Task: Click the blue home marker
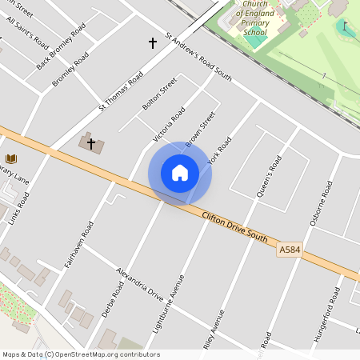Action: click(x=180, y=173)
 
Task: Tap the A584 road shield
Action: click(x=290, y=251)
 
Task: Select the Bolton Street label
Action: click(x=158, y=95)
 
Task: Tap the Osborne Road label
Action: click(x=320, y=203)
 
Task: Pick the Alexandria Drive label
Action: click(x=139, y=282)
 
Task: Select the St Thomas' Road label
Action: click(x=121, y=91)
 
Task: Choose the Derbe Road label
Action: click(x=113, y=298)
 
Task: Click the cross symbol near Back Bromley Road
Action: click(x=153, y=42)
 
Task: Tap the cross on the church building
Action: click(x=91, y=144)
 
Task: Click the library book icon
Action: click(x=11, y=159)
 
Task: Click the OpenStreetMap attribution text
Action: click(x=81, y=354)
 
